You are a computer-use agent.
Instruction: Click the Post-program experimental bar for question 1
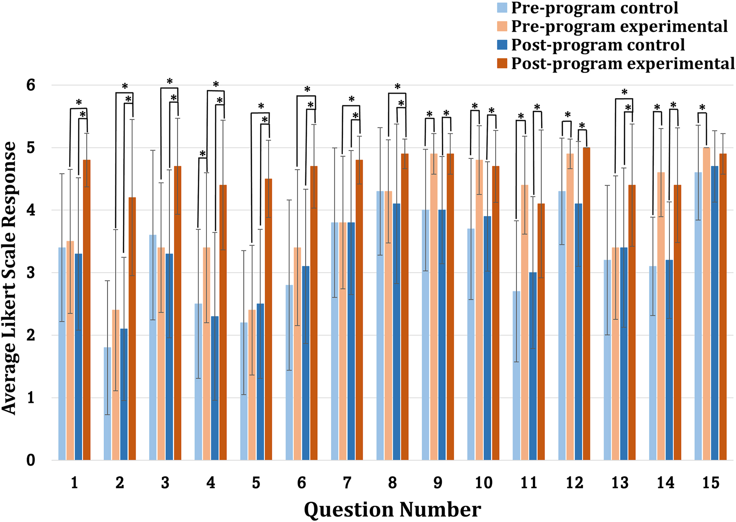tap(87, 310)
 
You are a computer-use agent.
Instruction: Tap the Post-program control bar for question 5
tap(260, 382)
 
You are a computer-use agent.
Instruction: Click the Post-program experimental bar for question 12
tap(586, 304)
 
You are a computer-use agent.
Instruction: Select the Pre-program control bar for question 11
tap(517, 376)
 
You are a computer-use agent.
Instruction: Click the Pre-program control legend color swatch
tap(502, 8)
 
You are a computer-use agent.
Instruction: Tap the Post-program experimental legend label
tap(623, 64)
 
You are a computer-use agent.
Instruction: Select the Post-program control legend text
tap(598, 45)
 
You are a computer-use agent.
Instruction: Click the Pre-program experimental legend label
tap(619, 27)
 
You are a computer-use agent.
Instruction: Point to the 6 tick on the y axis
tap(31, 85)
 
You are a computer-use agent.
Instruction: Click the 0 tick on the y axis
tap(31, 460)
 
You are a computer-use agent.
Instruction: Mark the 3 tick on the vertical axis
tap(31, 273)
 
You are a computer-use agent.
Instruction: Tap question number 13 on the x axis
tap(620, 483)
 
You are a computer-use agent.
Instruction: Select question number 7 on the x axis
tap(347, 483)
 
